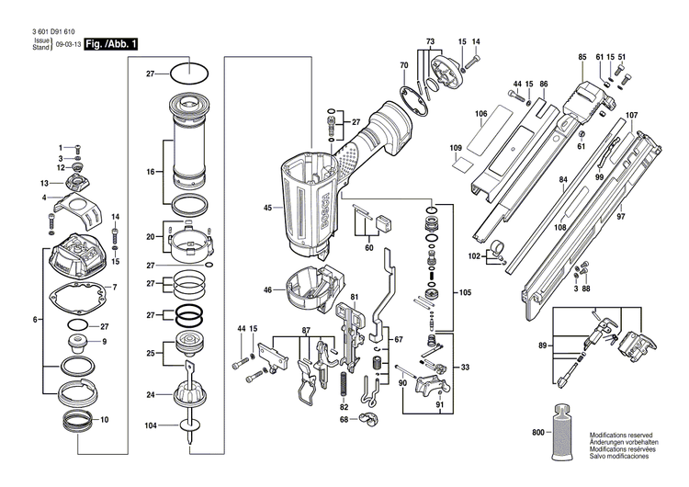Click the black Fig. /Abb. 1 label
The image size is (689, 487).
point(110,43)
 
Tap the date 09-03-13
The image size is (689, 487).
point(66,43)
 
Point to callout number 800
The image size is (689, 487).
point(537,432)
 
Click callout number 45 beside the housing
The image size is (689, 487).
point(267,208)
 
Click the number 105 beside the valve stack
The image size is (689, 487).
point(466,293)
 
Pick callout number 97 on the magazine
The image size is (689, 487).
point(646,216)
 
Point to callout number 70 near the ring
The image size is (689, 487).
point(403,65)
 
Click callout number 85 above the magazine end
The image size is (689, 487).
point(582,58)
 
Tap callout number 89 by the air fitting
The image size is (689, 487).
point(543,345)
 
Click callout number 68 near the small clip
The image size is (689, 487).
point(344,419)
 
